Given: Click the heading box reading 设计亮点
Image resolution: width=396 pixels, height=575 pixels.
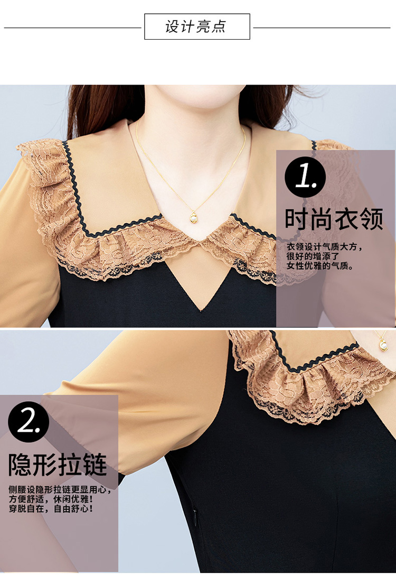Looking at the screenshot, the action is pos(197,26).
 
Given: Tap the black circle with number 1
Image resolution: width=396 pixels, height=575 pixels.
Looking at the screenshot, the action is pos(305,177).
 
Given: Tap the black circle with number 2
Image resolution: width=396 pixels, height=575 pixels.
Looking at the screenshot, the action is pos(29,422).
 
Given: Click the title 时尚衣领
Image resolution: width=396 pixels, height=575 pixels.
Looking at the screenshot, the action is pos(334,219).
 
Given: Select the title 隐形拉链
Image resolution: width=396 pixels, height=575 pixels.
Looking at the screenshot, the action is pos(58,465).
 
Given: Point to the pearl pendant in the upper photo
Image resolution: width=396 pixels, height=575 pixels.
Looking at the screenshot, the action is pos(194,217).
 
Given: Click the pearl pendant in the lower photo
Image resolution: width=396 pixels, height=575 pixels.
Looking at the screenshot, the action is pos(383,345).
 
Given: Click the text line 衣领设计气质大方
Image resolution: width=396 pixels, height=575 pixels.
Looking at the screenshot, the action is pos(324,246).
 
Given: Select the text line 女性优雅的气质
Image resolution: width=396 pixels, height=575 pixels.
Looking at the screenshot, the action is pos(320,266).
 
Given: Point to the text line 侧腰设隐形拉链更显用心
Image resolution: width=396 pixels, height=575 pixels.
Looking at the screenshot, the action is pos(60,489).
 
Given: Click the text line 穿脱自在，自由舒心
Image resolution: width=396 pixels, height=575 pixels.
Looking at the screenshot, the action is pos(51,508).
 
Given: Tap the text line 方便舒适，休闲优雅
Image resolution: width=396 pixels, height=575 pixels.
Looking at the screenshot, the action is pos(51,499).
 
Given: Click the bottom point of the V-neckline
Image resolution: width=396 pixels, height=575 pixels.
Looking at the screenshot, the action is pos(200,311).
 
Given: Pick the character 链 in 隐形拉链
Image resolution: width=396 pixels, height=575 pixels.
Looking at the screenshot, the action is pos(95,465).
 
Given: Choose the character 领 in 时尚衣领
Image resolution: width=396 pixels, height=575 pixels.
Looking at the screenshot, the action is pos(372,219).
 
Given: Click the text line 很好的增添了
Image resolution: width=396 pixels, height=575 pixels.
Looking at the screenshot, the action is pos(313,256).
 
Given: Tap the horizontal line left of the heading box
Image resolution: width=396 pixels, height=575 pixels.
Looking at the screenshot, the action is pos(72,27).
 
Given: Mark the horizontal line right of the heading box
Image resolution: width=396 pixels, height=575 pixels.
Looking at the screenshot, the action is pos(322,27).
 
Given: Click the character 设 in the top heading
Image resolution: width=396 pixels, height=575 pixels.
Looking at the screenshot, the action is pos(172,27).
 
